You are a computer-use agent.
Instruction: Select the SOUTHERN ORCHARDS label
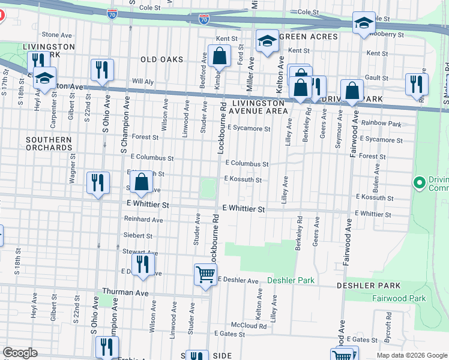(x=49, y=143)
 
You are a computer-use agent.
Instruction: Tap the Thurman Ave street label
(x=125, y=292)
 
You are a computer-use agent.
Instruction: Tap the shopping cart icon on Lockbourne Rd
(x=205, y=275)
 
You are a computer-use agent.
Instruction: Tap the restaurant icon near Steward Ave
(x=143, y=265)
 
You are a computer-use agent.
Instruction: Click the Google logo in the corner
(x=20, y=353)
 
